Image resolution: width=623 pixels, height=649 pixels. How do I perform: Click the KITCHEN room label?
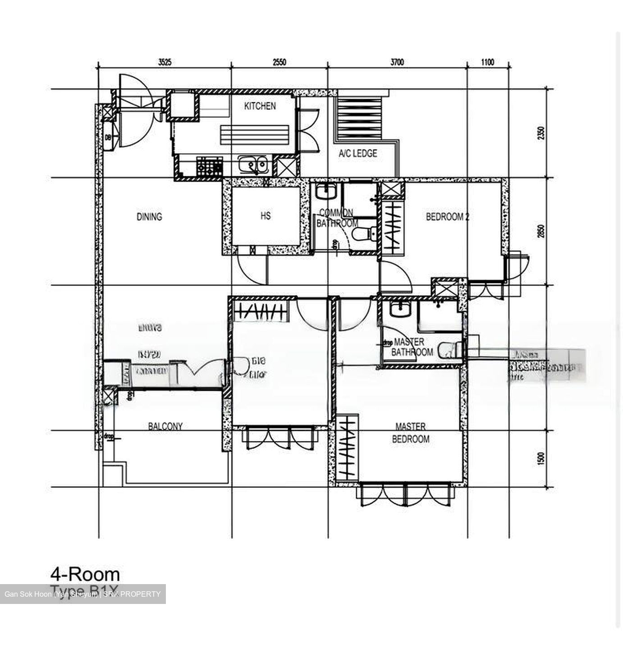click(260, 106)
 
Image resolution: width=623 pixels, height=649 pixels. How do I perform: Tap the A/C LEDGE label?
click(358, 154)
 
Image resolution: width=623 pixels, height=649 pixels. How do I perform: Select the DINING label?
click(149, 217)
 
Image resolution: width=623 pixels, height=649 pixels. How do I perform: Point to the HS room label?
click(266, 216)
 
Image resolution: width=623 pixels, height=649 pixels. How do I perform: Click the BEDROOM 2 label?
click(447, 217)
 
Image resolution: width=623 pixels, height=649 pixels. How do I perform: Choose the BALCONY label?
click(165, 426)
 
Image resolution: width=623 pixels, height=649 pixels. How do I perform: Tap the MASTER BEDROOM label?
click(410, 433)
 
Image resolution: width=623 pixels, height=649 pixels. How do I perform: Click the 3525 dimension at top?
click(165, 62)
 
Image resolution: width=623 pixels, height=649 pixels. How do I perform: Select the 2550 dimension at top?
click(279, 62)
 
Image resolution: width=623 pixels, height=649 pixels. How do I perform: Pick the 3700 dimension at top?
click(397, 62)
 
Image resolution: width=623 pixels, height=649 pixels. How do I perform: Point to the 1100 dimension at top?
click(487, 62)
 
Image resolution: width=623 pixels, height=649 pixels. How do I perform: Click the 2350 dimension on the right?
click(541, 133)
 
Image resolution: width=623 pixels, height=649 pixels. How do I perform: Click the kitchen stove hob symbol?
click(210, 167)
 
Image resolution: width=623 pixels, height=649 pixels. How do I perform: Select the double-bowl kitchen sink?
click(253, 166)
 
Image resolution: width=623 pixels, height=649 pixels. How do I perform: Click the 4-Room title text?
click(85, 575)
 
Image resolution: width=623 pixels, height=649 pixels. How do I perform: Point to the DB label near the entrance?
click(108, 137)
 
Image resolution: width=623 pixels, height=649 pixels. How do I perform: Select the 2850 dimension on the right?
click(541, 231)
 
